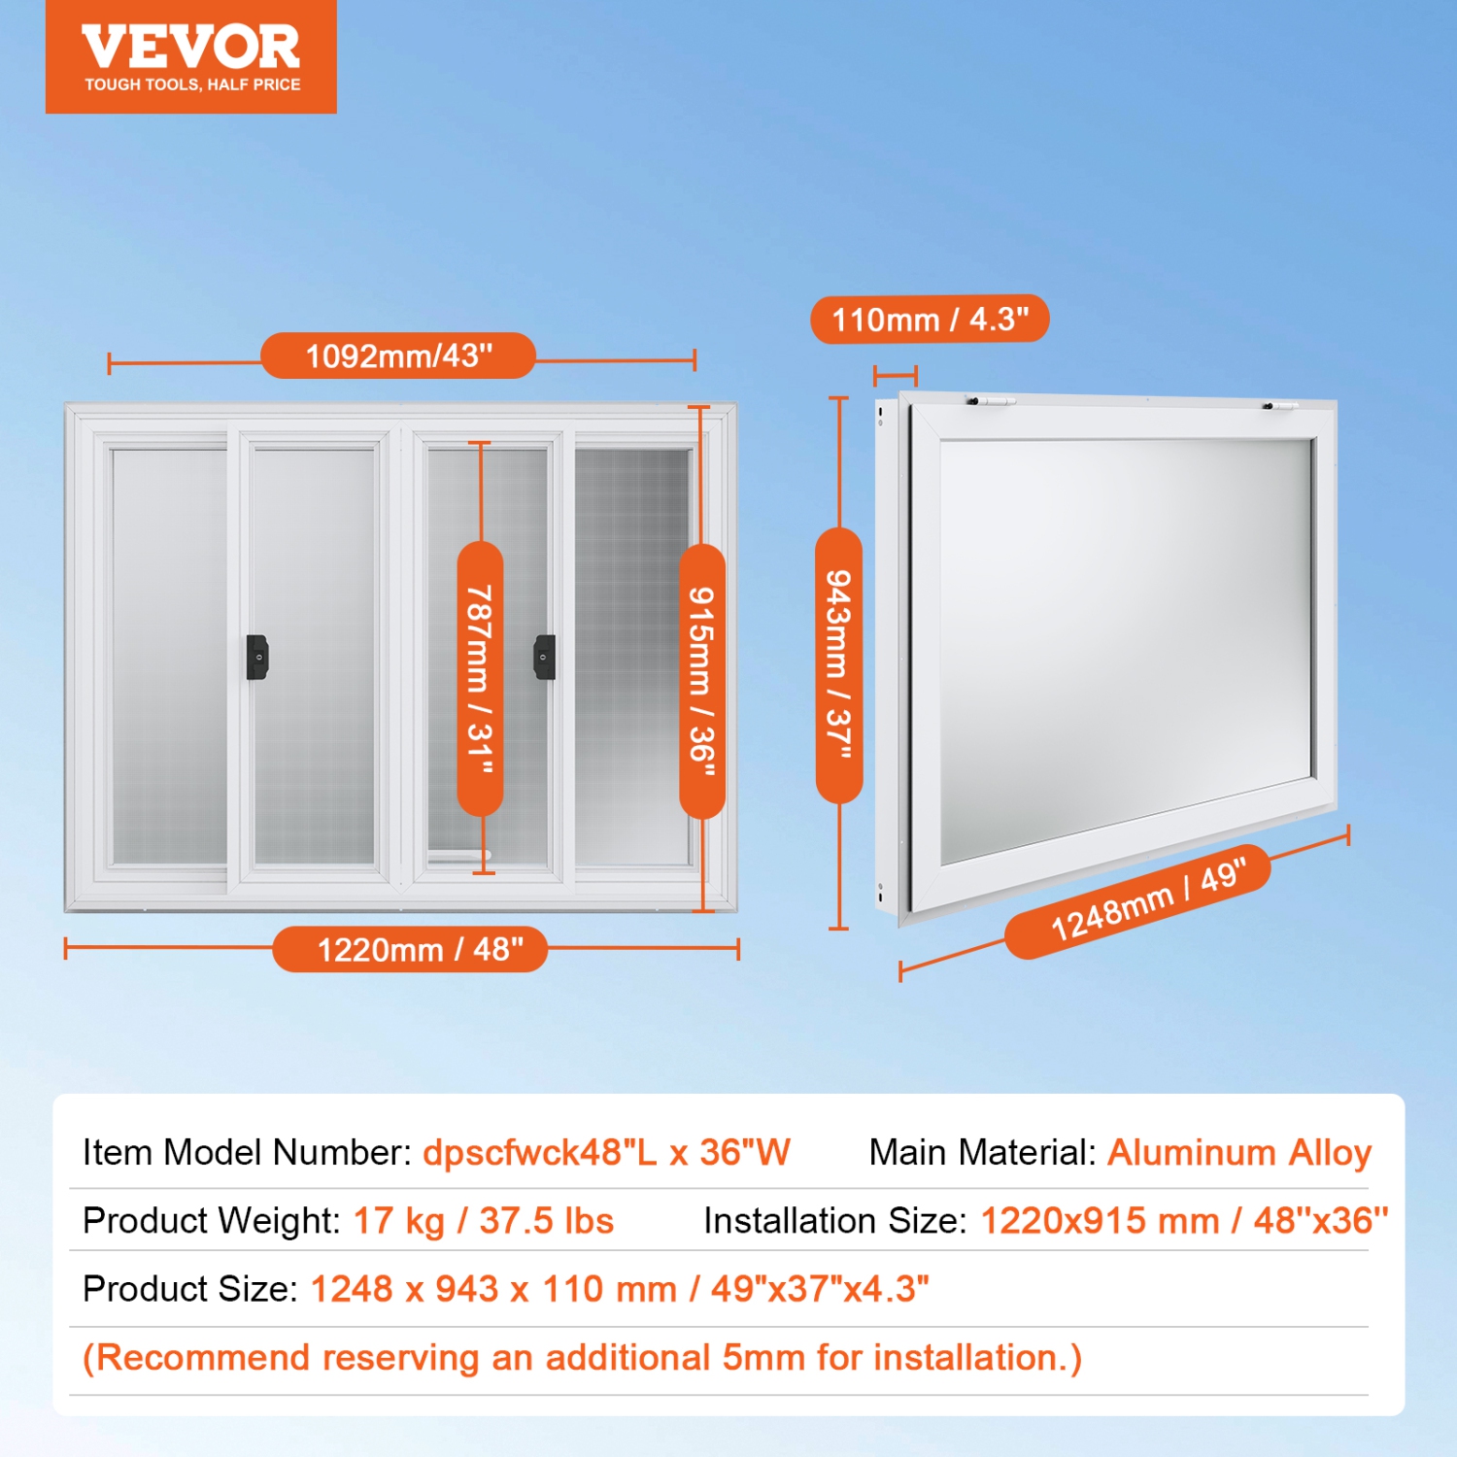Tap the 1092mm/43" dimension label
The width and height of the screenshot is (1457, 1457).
tap(398, 356)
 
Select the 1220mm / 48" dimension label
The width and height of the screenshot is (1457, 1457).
tap(420, 949)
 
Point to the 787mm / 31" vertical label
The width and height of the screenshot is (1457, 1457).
tap(480, 679)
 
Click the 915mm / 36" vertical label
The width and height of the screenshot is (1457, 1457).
tap(701, 681)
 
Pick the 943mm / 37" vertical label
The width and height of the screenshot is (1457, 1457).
tap(838, 665)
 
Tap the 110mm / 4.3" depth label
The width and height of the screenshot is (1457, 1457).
tap(930, 319)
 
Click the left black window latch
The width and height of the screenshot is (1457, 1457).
tap(257, 657)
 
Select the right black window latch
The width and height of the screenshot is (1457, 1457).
tap(545, 657)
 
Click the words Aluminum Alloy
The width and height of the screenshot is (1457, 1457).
tap(1239, 1153)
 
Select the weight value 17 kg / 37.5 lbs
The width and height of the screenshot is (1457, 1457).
tap(483, 1221)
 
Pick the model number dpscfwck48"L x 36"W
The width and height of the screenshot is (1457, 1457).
tap(606, 1153)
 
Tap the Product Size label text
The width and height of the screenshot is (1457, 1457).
tap(189, 1289)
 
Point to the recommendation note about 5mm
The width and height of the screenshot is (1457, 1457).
tap(582, 1358)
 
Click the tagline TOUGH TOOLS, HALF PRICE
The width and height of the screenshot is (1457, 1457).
tap(192, 85)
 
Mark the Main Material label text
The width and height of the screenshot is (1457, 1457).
tap(982, 1153)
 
